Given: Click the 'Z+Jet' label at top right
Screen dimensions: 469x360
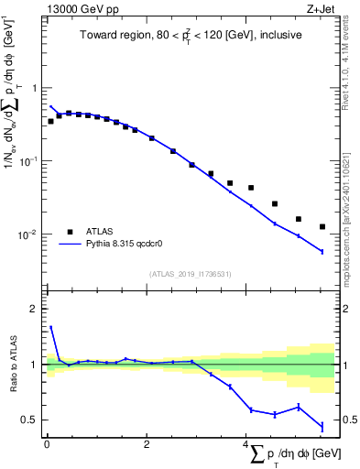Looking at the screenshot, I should tap(320, 9).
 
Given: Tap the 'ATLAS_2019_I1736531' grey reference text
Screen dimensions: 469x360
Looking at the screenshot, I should tap(190, 274).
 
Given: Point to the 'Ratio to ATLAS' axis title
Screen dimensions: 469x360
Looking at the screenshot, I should tap(14, 364).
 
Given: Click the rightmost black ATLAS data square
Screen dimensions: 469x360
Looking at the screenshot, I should tap(322, 226).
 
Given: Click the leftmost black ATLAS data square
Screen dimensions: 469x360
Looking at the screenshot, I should tap(50, 121).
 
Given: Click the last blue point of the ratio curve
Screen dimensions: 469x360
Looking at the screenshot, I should tap(322, 426).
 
